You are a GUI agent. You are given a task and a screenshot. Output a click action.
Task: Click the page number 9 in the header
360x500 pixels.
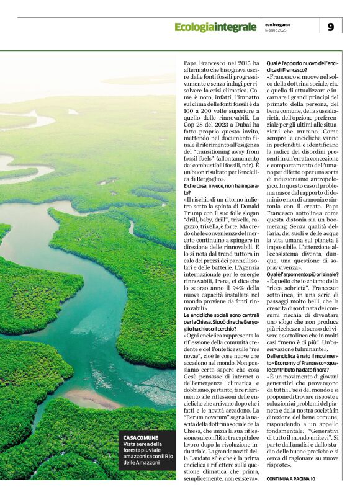tap(330, 27)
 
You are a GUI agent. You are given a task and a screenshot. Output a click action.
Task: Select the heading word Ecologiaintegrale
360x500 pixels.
tap(215, 27)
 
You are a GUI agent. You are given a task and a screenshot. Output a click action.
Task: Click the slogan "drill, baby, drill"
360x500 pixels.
tap(203, 220)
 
